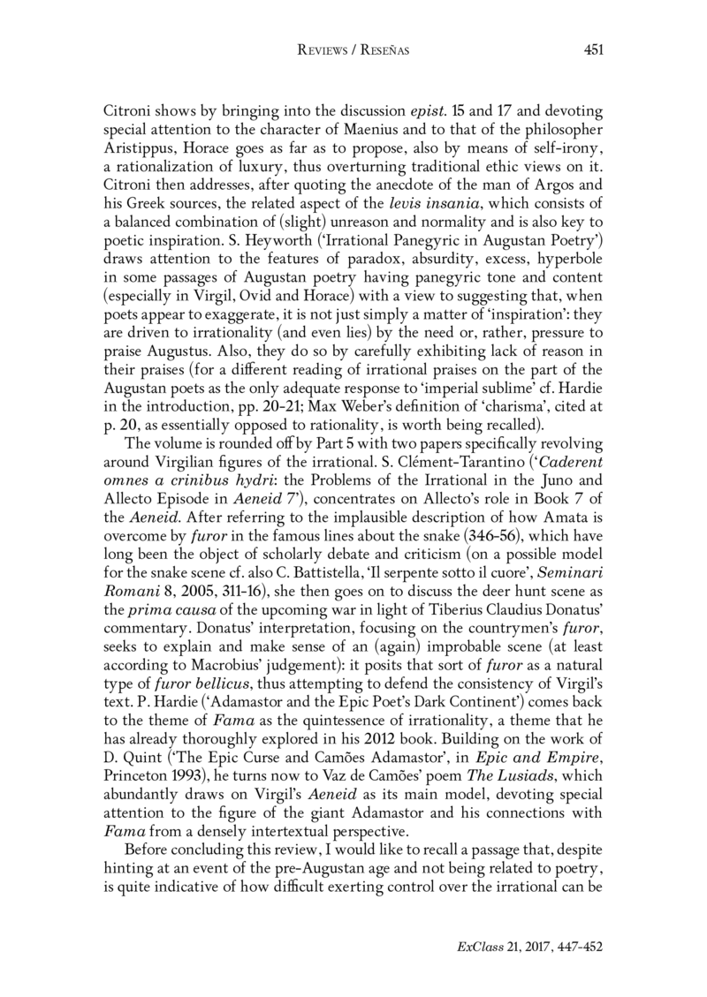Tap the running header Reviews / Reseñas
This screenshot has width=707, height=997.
pyautogui.click(x=353, y=50)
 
